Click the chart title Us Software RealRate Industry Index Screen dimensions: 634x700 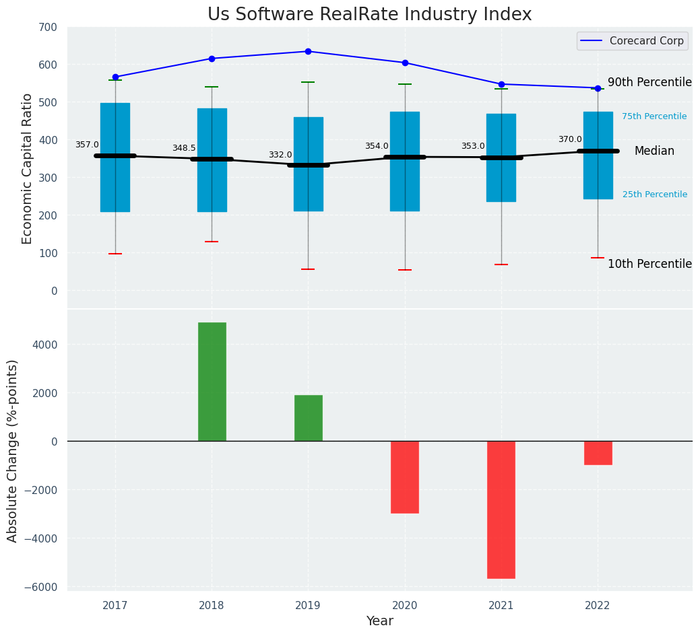(x=369, y=15)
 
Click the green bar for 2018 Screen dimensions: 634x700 (x=212, y=382)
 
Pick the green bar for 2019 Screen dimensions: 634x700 (x=308, y=418)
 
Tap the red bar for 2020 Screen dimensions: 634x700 (x=405, y=477)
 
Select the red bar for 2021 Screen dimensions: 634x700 (x=501, y=509)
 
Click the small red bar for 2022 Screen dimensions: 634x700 (x=598, y=453)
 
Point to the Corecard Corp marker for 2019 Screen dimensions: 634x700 (x=308, y=51)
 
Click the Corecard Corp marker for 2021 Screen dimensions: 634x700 (x=501, y=84)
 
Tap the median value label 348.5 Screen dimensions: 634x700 (x=184, y=148)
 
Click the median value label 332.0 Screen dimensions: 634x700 (x=280, y=155)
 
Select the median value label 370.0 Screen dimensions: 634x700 (x=570, y=139)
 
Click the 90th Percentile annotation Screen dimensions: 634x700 (x=649, y=82)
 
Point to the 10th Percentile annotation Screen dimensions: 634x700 (x=649, y=264)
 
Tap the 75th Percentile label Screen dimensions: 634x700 (x=654, y=116)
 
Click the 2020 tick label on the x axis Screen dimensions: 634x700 (x=405, y=606)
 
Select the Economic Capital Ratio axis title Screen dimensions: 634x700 (x=28, y=168)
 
